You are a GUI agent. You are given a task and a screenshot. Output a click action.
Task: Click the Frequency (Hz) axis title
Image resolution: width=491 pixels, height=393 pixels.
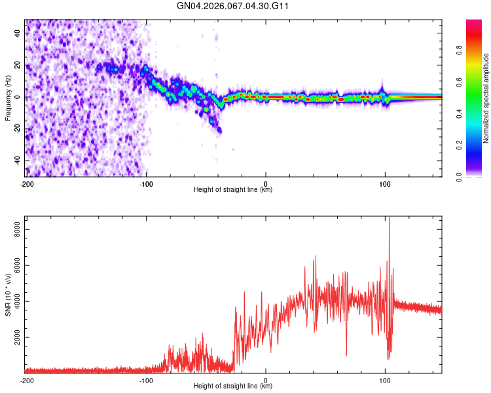pyautogui.click(x=8, y=98)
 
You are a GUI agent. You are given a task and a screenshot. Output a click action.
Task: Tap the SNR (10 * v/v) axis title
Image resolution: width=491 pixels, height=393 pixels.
pyautogui.click(x=8, y=294)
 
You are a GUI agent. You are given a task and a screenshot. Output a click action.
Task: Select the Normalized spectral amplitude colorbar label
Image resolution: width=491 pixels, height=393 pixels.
pyautogui.click(x=486, y=98)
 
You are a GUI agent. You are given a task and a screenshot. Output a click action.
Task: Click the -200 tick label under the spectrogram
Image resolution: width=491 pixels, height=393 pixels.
pyautogui.click(x=27, y=183)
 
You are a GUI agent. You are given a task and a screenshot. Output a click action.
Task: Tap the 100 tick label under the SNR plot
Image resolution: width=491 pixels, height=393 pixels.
pyautogui.click(x=385, y=380)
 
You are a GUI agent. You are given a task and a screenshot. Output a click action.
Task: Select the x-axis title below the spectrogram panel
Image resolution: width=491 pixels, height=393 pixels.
pyautogui.click(x=234, y=190)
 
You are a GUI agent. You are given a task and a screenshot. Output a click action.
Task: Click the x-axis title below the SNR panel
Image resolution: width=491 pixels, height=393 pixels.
pyautogui.click(x=234, y=386)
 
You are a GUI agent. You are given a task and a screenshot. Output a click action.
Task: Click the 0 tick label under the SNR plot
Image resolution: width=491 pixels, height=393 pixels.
pyautogui.click(x=266, y=380)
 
